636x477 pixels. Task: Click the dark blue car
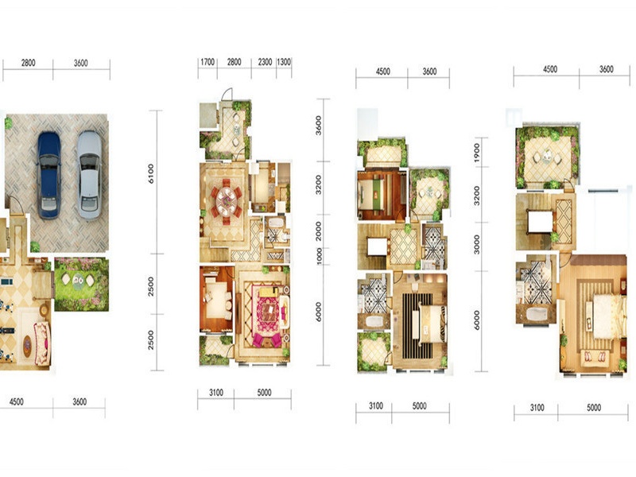pos(49,175)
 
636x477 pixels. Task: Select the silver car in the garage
pos(89,175)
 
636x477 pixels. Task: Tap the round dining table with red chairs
pos(227,200)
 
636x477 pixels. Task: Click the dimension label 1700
pos(207,62)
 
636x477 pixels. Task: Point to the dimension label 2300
pos(265,62)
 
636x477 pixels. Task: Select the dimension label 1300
pos(284,62)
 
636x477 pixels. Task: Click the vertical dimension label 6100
pos(151,173)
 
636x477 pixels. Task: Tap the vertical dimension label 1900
pos(476,153)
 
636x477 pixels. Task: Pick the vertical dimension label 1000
pos(320,256)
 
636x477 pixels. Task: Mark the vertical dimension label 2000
pos(319,231)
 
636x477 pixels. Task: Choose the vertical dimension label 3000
pos(476,245)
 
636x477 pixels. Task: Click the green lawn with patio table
pos(82,284)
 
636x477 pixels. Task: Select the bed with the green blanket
pos(370,194)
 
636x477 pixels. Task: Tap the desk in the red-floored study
pos(215,301)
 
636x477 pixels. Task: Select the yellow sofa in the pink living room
pos(269,292)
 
